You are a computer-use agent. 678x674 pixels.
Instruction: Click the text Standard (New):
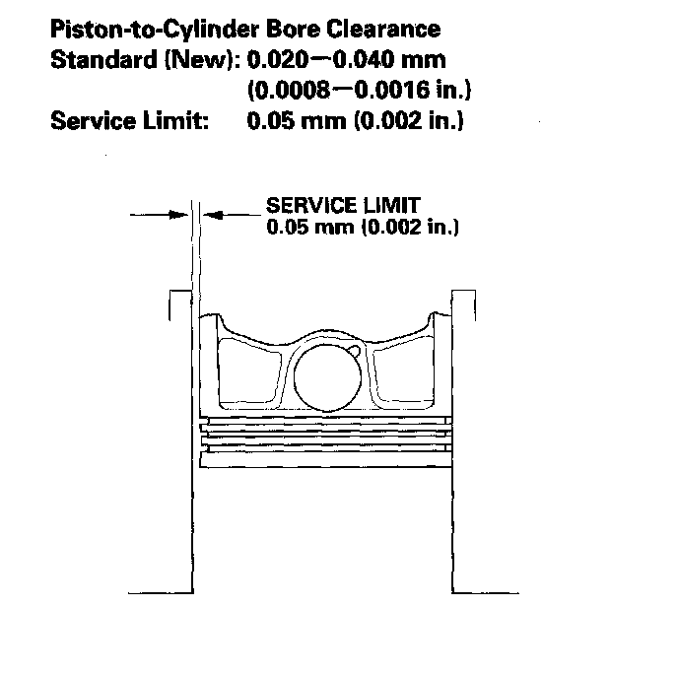click(x=143, y=60)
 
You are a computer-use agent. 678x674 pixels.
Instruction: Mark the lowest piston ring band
click(x=324, y=449)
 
